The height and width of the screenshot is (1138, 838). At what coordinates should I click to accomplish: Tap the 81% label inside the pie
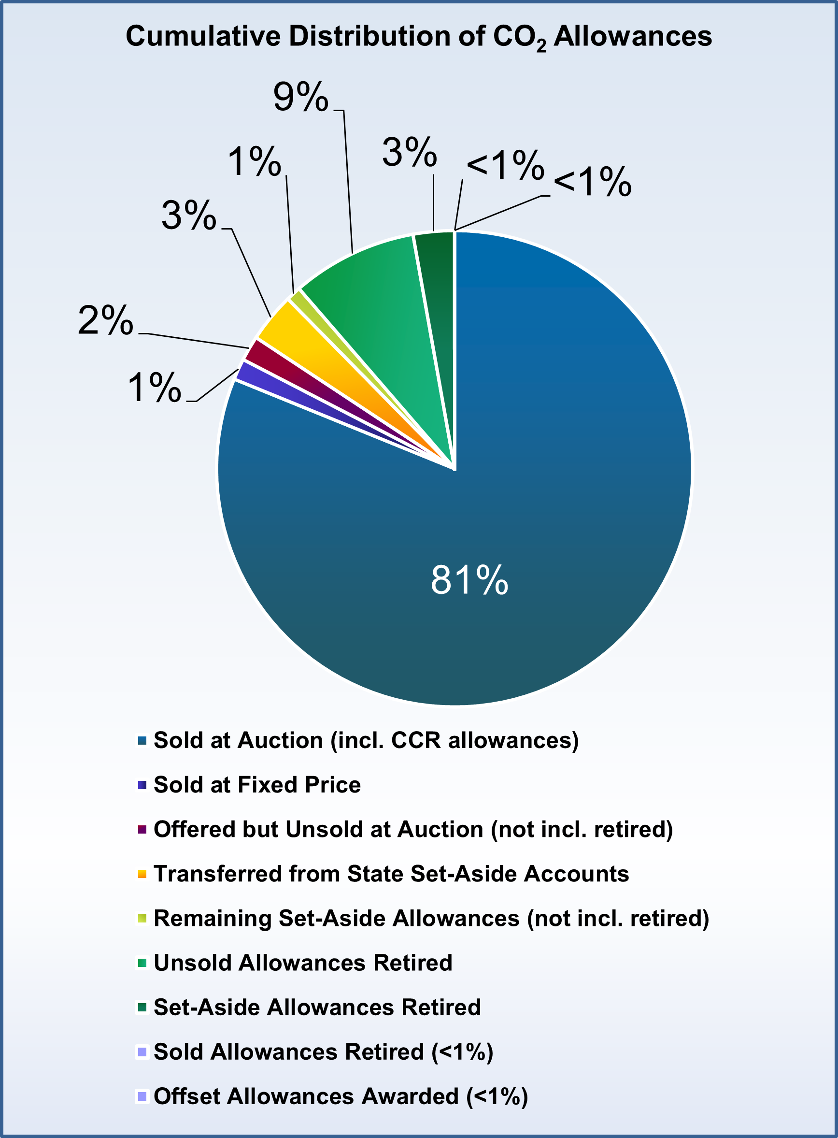(x=469, y=580)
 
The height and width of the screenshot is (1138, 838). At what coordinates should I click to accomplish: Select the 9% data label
(x=300, y=97)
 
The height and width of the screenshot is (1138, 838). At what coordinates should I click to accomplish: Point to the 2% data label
(x=105, y=321)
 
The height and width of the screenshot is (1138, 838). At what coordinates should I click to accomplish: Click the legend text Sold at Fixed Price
(x=256, y=785)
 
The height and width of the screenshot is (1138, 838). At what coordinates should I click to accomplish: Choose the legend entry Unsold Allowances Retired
(x=302, y=963)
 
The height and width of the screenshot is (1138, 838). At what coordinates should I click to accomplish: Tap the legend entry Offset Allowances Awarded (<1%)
(x=341, y=1096)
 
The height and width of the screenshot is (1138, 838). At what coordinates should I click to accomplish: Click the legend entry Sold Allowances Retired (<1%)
(x=323, y=1052)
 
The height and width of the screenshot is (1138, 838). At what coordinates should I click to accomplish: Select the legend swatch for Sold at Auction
(x=142, y=741)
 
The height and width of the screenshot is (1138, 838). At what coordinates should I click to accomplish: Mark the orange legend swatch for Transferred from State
(x=142, y=874)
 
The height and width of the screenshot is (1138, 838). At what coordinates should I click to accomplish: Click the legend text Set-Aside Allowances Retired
(x=317, y=1007)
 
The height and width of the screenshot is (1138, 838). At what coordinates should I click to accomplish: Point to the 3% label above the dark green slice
(x=409, y=152)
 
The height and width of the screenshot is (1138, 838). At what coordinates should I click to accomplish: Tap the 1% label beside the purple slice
(x=154, y=388)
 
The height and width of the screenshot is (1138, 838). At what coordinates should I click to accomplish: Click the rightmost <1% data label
(x=592, y=182)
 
